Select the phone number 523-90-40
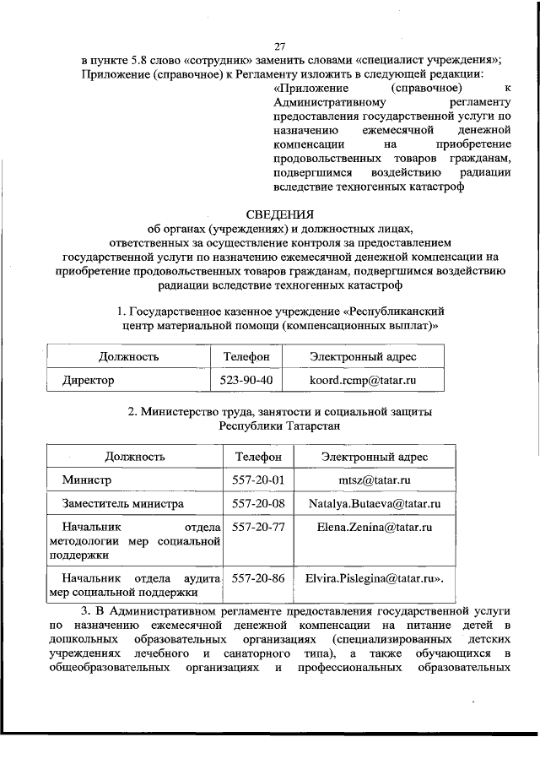[246, 380]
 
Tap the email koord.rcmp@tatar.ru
[364, 380]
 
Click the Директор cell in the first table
[88, 380]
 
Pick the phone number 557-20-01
[257, 480]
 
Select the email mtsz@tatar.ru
[374, 480]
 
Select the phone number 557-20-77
[257, 528]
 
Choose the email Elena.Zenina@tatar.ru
[374, 528]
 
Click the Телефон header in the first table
[246, 357]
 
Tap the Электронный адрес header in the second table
[374, 457]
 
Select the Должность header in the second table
[135, 457]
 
